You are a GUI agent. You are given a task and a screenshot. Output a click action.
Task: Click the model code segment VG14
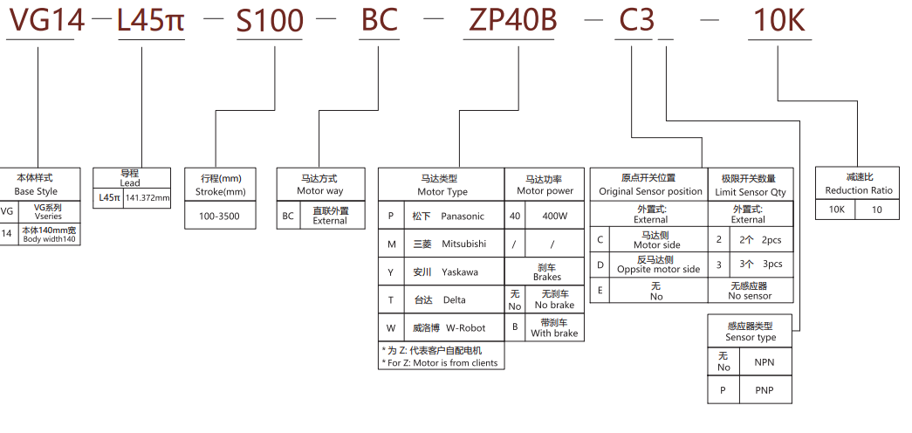(x=45, y=20)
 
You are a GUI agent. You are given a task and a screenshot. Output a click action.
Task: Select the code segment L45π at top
(x=151, y=20)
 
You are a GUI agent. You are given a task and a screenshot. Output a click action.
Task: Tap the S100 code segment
(x=270, y=20)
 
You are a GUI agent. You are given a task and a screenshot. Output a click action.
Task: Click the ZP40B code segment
(x=512, y=20)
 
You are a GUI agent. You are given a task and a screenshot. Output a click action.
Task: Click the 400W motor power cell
(x=554, y=216)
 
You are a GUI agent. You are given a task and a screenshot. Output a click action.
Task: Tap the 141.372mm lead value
(x=147, y=198)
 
